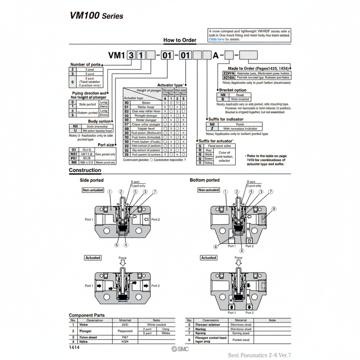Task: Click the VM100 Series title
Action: [x=96, y=16]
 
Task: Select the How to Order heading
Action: [x=180, y=40]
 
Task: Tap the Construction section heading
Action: [x=85, y=170]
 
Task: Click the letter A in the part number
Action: [x=215, y=55]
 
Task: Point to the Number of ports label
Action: [x=85, y=64]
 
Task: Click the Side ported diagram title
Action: [x=91, y=180]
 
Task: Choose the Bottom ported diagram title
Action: [x=205, y=180]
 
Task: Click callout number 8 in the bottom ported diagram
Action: [x=274, y=208]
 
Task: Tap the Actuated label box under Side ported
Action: [x=93, y=258]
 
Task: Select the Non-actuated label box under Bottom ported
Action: [x=208, y=190]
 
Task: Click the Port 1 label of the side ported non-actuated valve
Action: [x=89, y=219]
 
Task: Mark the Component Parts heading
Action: [x=87, y=315]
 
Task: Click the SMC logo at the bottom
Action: [x=180, y=349]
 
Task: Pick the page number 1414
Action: [x=74, y=347]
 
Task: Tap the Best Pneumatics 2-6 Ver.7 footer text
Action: [x=259, y=355]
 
